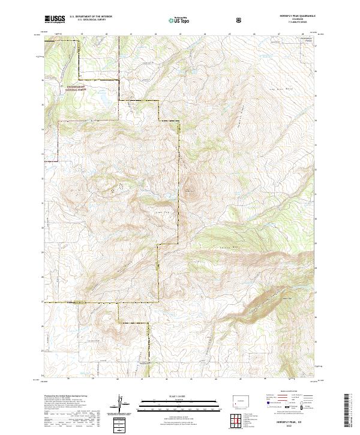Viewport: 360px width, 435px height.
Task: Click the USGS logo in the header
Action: [x=55, y=19]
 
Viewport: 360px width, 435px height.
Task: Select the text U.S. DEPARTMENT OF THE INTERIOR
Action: [x=91, y=17]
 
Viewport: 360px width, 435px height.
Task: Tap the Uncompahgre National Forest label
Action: [x=78, y=88]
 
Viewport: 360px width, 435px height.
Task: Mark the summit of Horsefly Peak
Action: [x=191, y=191]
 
